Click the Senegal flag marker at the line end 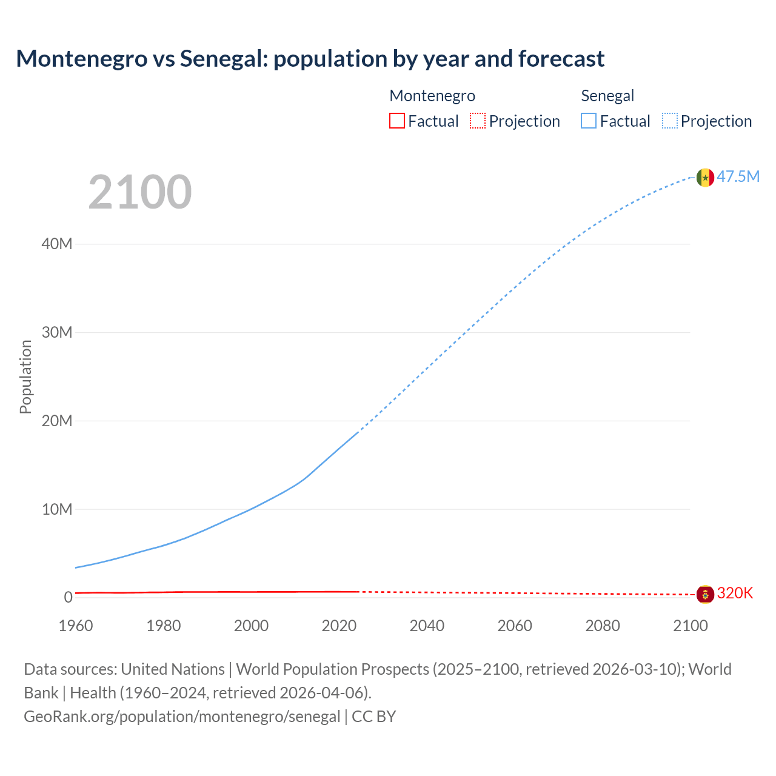coord(705,177)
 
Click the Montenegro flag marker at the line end coord(705,594)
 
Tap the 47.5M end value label coord(738,176)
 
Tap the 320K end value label coord(735,593)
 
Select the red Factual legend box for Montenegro coord(396,121)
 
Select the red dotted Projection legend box coord(478,121)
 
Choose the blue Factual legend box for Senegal coord(588,121)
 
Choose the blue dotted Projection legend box coord(670,121)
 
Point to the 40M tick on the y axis coord(57,244)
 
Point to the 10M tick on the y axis coord(57,509)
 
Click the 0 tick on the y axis coord(68,597)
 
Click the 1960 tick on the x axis coord(76,626)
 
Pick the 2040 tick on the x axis coord(427,626)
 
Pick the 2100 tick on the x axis coord(690,626)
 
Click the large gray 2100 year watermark coord(140,192)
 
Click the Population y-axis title coord(25,376)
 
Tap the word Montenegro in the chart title coord(82,59)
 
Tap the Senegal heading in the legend coord(607,96)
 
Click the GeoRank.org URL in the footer coord(182,716)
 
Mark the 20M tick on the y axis coord(57,421)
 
